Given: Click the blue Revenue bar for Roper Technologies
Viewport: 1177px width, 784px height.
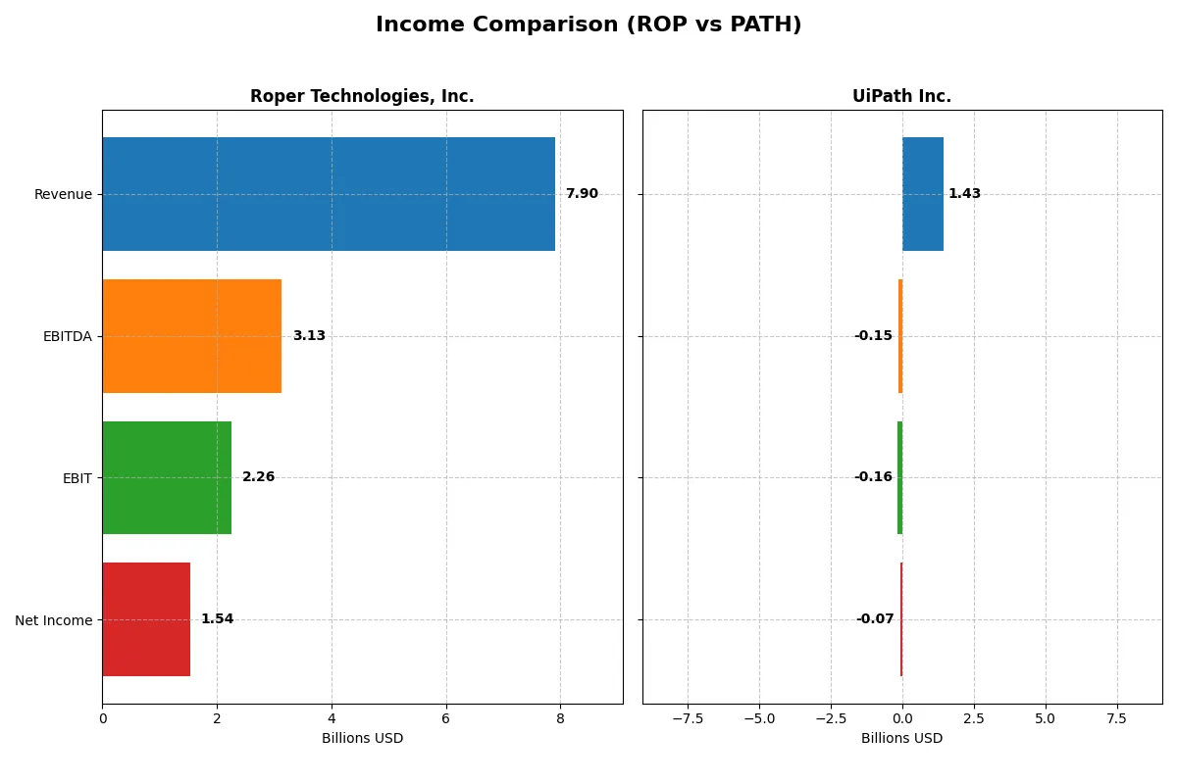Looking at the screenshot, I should tap(329, 194).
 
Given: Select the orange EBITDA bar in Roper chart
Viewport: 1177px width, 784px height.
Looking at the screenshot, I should tap(191, 336).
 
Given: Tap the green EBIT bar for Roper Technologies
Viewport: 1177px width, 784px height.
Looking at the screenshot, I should tap(167, 477).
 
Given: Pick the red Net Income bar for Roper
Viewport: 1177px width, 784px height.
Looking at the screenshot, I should tap(146, 619).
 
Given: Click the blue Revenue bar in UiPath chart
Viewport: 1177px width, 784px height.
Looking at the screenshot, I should tap(923, 194).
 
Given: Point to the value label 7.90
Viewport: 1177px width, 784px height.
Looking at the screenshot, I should tap(582, 194).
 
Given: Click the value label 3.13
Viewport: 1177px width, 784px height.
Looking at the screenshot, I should tap(309, 336).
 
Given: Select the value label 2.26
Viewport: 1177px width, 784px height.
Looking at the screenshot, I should tap(259, 477).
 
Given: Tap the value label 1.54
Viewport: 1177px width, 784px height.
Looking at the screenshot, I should tap(218, 619).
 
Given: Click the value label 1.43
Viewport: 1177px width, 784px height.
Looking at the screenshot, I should tap(964, 194).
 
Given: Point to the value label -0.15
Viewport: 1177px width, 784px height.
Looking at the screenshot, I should tap(873, 336).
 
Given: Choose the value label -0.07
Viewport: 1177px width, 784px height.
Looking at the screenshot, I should tap(875, 619).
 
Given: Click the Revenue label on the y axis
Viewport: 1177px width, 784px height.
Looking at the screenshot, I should tap(63, 194).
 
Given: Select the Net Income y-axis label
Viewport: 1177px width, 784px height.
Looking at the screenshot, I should tap(54, 620).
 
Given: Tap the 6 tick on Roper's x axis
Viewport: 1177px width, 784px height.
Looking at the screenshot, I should tap(446, 718).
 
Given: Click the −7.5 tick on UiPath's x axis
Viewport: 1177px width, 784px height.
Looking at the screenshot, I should tap(688, 718).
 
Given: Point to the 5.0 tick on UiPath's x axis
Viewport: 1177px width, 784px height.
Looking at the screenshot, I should tap(1046, 718).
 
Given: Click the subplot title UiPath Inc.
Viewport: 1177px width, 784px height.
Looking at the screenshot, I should tap(901, 96).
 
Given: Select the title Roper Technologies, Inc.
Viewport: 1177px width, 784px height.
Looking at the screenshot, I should tap(362, 96).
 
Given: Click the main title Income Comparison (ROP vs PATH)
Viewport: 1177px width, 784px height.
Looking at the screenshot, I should tap(588, 25).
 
